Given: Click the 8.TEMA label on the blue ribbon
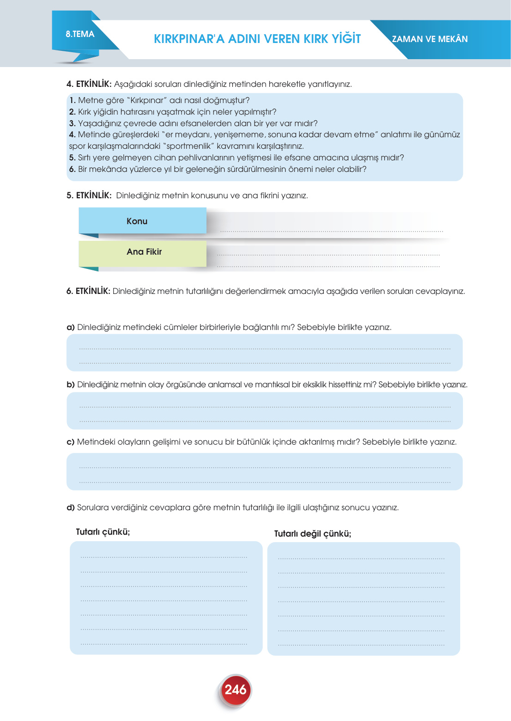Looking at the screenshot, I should [80, 34].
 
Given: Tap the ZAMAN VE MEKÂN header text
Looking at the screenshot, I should [430, 39].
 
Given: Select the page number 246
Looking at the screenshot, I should [235, 690].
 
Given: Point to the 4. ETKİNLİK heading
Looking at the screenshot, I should [89, 84].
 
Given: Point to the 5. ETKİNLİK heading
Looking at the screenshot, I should [89, 196].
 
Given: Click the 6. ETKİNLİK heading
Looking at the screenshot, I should [88, 291].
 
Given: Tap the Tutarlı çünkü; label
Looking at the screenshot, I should [103, 532].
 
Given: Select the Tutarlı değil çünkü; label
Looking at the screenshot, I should [312, 534].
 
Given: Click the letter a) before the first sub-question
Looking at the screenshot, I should [71, 327].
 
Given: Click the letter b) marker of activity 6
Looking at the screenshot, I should [71, 385].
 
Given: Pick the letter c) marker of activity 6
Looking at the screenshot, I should [71, 442].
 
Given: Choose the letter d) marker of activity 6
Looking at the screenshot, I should [71, 507].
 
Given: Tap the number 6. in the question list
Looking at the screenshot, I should [72, 169].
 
